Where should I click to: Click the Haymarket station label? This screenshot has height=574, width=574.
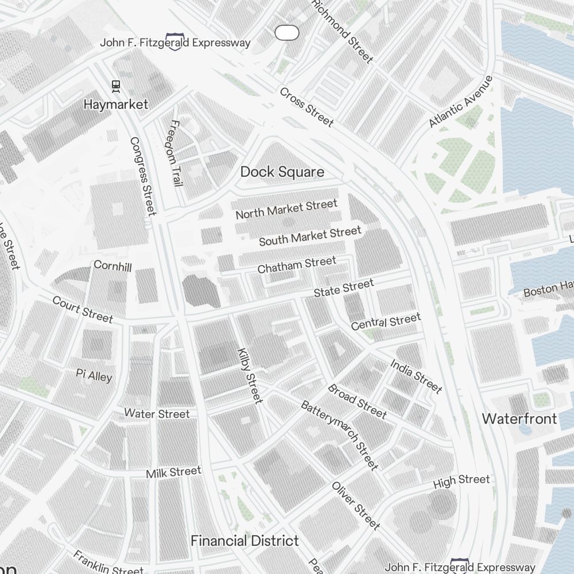(x=115, y=104)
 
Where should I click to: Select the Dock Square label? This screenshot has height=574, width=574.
(x=282, y=172)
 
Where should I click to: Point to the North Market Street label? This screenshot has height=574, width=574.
(x=286, y=210)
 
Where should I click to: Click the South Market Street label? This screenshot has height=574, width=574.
(x=310, y=236)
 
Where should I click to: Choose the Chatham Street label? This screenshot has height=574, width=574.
(x=297, y=265)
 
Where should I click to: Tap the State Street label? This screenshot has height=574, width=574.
(x=343, y=288)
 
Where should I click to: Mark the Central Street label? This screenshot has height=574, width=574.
(x=386, y=321)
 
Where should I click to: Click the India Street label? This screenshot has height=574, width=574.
(x=416, y=377)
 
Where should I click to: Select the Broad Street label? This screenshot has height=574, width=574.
(x=357, y=401)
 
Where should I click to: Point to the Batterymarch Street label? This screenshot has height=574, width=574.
(x=339, y=435)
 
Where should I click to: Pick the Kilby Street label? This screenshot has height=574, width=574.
(x=250, y=375)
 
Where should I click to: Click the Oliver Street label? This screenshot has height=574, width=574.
(x=356, y=505)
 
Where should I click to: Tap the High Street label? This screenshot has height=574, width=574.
(x=461, y=481)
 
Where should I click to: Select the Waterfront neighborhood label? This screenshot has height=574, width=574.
(x=519, y=418)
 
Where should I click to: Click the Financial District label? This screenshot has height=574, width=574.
(x=245, y=541)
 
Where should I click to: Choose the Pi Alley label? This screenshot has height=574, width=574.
(x=94, y=375)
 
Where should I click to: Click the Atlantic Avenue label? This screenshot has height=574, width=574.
(x=461, y=102)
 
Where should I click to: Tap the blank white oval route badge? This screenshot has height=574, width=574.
(x=287, y=33)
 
